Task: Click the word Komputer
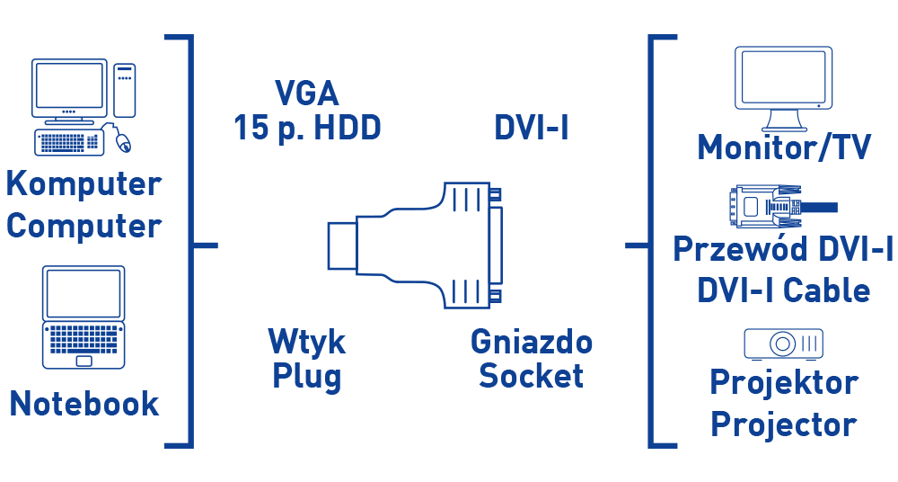pos(84,184)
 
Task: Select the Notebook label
pos(84,403)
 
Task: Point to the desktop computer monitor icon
pos(68,87)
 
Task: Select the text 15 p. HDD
pos(307,128)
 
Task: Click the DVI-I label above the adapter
pos(532,128)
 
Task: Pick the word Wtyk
pos(306,342)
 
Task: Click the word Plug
pos(306,376)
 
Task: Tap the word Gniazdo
pos(531,342)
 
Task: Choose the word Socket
pos(531,376)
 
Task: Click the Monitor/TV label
pos(784,147)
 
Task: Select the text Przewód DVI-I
pos(783,249)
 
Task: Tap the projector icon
pos(783,343)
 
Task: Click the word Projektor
pos(783,382)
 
